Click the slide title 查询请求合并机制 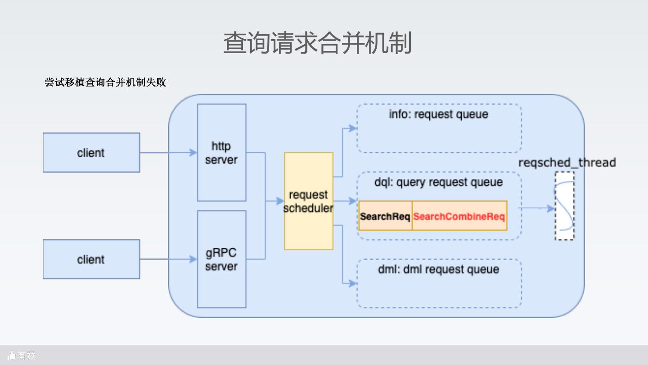317,43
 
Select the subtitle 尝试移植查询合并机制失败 105,82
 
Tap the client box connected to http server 91,153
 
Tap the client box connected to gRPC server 91,259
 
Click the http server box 221,153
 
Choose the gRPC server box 221,259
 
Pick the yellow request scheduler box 309,201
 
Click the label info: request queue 439,114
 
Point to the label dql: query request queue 439,182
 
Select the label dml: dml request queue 439,269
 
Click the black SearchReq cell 385,216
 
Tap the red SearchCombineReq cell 459,216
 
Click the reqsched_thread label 567,163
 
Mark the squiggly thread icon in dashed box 564,206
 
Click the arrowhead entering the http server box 193,152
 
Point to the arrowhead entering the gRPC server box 193,259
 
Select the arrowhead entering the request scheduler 280,201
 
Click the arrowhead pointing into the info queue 353,128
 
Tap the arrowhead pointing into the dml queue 353,283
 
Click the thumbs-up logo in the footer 12,355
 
